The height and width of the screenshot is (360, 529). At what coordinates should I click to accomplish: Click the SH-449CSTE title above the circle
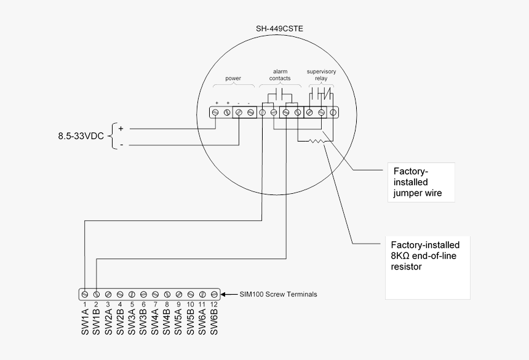coord(280,28)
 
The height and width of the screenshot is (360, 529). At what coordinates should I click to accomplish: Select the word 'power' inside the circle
coord(233,78)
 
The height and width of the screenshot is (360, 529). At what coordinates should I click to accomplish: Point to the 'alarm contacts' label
coord(280,75)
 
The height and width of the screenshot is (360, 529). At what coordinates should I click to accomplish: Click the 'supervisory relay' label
coord(321,75)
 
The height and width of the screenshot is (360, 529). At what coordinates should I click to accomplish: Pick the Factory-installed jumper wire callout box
coord(421,182)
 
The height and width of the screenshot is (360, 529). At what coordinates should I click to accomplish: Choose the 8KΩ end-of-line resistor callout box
coord(427,267)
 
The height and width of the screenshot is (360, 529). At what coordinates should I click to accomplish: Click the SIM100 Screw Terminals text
coord(279,294)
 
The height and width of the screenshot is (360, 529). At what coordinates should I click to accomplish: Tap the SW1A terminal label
coord(85,322)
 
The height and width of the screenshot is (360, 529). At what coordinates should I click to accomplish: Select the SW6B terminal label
coord(214,322)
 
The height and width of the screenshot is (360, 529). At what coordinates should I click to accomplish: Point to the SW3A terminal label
coord(132,322)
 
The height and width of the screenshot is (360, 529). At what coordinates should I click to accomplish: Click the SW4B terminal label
coord(167,322)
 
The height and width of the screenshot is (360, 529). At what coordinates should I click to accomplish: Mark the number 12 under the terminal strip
coord(213,305)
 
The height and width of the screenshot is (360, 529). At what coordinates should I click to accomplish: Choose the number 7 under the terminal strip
coord(155,305)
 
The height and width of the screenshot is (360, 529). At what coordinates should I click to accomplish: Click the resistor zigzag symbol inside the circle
coord(314,142)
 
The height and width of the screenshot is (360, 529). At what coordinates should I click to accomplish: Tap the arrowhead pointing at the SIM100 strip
coord(225,294)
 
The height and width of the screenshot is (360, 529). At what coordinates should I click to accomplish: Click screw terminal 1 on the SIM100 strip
coord(85,294)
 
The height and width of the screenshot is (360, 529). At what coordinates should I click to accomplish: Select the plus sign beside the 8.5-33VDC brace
coord(121,129)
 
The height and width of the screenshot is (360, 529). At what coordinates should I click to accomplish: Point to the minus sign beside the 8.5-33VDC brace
coord(121,145)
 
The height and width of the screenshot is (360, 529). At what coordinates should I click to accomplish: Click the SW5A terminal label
coord(179,322)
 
